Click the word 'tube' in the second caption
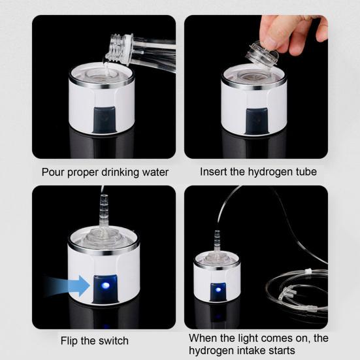[305, 172]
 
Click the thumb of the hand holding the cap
[274, 25]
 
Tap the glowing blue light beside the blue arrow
[103, 286]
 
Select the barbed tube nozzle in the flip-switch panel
[103, 203]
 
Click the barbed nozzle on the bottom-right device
[217, 240]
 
